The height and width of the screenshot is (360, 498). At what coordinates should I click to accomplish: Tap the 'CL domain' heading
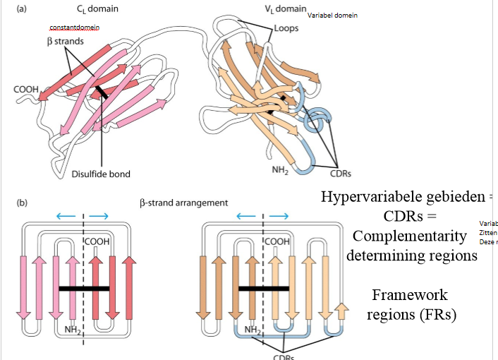[97, 8]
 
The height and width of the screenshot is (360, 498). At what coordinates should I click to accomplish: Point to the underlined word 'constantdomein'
[74, 28]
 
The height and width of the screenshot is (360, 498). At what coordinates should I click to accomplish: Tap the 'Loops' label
[287, 30]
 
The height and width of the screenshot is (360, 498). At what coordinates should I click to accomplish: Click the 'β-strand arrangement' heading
[183, 203]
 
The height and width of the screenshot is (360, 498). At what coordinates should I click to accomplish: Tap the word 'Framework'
[410, 295]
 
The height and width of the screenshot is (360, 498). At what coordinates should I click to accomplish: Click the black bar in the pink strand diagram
[84, 288]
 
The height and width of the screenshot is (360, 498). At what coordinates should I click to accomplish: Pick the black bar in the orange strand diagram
[264, 288]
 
